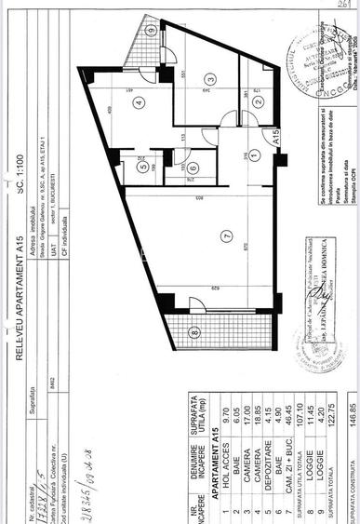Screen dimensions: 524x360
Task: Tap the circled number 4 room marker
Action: tap(138, 103)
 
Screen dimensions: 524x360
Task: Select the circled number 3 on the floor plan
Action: tap(211, 79)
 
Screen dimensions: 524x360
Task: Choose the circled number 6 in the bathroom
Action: tap(192, 168)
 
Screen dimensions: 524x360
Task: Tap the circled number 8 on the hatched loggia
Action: tap(193, 330)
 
